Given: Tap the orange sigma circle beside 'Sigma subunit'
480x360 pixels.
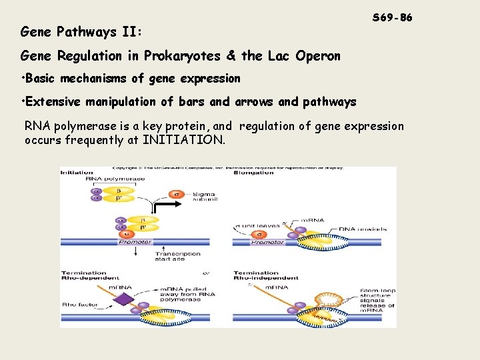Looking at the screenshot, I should click(x=177, y=194).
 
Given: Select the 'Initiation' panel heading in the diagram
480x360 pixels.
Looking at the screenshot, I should click(x=77, y=173).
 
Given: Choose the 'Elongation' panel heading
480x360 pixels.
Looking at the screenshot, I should click(x=253, y=173).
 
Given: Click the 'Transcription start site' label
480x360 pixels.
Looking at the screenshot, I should click(x=177, y=257).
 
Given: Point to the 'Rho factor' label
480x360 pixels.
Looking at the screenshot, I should click(x=79, y=305).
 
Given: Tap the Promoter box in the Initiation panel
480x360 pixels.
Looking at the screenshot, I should click(x=135, y=242).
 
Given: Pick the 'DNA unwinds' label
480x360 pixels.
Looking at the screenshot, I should click(x=363, y=229).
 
